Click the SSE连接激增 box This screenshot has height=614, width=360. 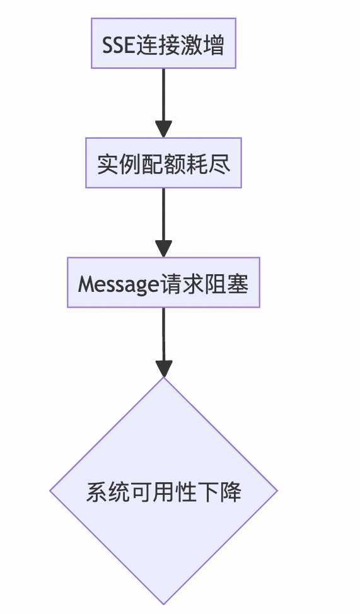(x=163, y=43)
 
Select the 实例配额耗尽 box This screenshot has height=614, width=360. (x=163, y=163)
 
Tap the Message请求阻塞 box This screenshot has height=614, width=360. (x=163, y=283)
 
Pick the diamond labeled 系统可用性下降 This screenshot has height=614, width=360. (x=163, y=491)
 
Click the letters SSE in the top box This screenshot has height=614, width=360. (x=118, y=45)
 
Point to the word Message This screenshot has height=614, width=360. (x=117, y=284)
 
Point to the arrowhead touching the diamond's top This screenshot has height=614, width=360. (x=163, y=369)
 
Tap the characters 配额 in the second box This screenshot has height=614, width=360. (x=163, y=164)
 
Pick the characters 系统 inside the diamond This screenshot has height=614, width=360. (x=102, y=492)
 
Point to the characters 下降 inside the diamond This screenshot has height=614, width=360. (x=225, y=492)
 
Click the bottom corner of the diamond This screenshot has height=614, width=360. (x=163, y=603)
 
